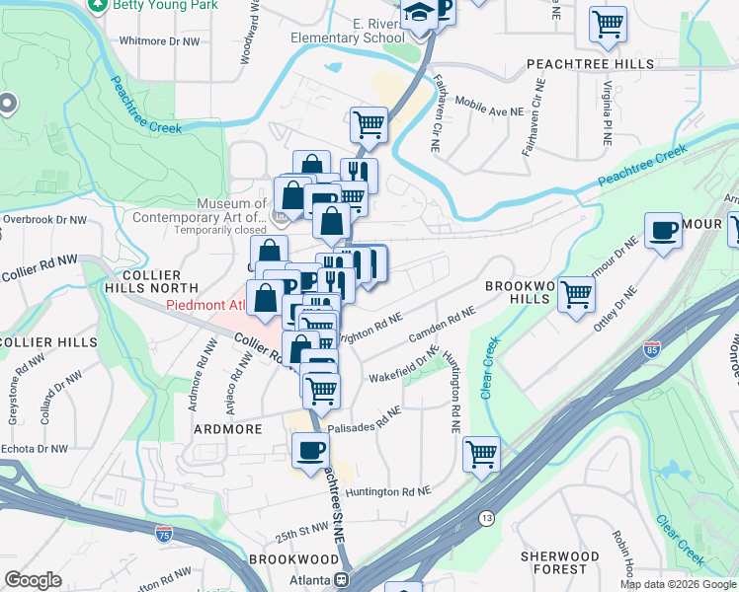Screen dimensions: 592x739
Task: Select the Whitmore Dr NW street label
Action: pos(158,41)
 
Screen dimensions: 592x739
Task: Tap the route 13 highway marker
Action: pos(486,518)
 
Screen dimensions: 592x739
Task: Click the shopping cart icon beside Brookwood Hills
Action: pos(576,294)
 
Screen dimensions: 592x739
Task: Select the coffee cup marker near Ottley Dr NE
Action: pos(663,231)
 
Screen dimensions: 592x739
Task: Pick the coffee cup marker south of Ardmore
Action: pos(310,451)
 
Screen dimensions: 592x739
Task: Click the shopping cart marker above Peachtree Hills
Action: pos(608,24)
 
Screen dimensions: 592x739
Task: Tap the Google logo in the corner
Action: pos(33,580)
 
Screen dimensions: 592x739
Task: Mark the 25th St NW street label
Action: pos(301,534)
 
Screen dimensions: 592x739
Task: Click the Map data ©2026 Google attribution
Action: pos(678,584)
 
